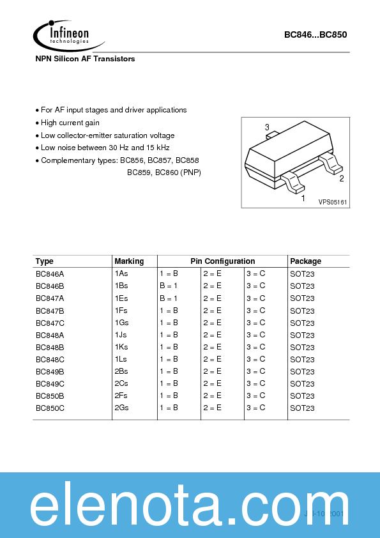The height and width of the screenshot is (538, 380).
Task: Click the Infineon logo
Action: pos(63,36)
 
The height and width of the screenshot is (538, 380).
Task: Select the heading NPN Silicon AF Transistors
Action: pos(85,59)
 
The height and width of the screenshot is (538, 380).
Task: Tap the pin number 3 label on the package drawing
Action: pos(267,127)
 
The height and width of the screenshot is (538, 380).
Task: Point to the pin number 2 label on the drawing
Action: pos(342,179)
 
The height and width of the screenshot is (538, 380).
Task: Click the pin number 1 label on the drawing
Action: pos(303,199)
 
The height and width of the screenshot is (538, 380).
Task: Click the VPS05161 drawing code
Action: pos(333,202)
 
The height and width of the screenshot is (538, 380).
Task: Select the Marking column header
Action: pos(129,261)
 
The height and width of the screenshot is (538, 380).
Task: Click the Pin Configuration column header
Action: pos(222,261)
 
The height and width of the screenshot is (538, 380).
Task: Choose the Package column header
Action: pos(306,261)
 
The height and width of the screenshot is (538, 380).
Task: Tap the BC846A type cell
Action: pos(50,273)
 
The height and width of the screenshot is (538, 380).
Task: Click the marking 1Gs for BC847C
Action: pos(121,323)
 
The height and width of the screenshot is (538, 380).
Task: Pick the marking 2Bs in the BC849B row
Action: pos(121,371)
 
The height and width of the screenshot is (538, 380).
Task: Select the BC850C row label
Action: pos(50,408)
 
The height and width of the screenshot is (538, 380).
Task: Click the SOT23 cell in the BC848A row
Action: pos(302,335)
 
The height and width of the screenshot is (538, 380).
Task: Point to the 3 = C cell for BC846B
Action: pos(255,286)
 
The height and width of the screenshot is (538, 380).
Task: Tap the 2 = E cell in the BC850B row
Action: pos(212,396)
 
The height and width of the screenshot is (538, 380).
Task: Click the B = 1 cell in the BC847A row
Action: pos(169,298)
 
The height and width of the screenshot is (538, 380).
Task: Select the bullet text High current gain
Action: pos(70,123)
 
